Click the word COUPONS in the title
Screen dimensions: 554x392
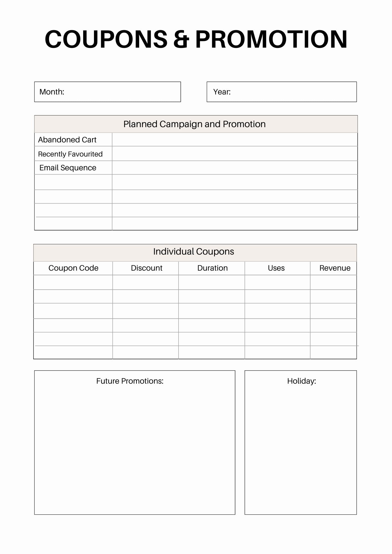[106, 39]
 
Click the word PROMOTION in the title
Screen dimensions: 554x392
[271, 39]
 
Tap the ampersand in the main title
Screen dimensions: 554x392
[181, 39]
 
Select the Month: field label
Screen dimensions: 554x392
[52, 92]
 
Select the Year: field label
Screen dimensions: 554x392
[222, 92]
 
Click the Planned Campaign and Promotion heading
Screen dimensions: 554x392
[194, 124]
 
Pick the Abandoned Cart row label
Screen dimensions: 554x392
[67, 140]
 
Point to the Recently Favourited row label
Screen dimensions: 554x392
[70, 154]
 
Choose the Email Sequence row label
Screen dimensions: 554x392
[68, 168]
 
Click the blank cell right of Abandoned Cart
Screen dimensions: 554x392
[235, 140]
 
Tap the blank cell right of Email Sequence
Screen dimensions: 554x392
[235, 168]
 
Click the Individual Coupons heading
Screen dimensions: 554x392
[194, 252]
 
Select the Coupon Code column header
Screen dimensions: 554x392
[73, 268]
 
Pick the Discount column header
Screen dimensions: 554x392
[146, 268]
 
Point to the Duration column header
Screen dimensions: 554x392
[212, 268]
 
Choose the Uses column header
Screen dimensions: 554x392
[276, 268]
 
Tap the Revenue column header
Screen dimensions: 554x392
[335, 268]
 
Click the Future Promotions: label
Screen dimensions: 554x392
[130, 381]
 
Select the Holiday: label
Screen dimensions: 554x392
[301, 381]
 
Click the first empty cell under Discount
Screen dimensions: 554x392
[146, 283]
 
